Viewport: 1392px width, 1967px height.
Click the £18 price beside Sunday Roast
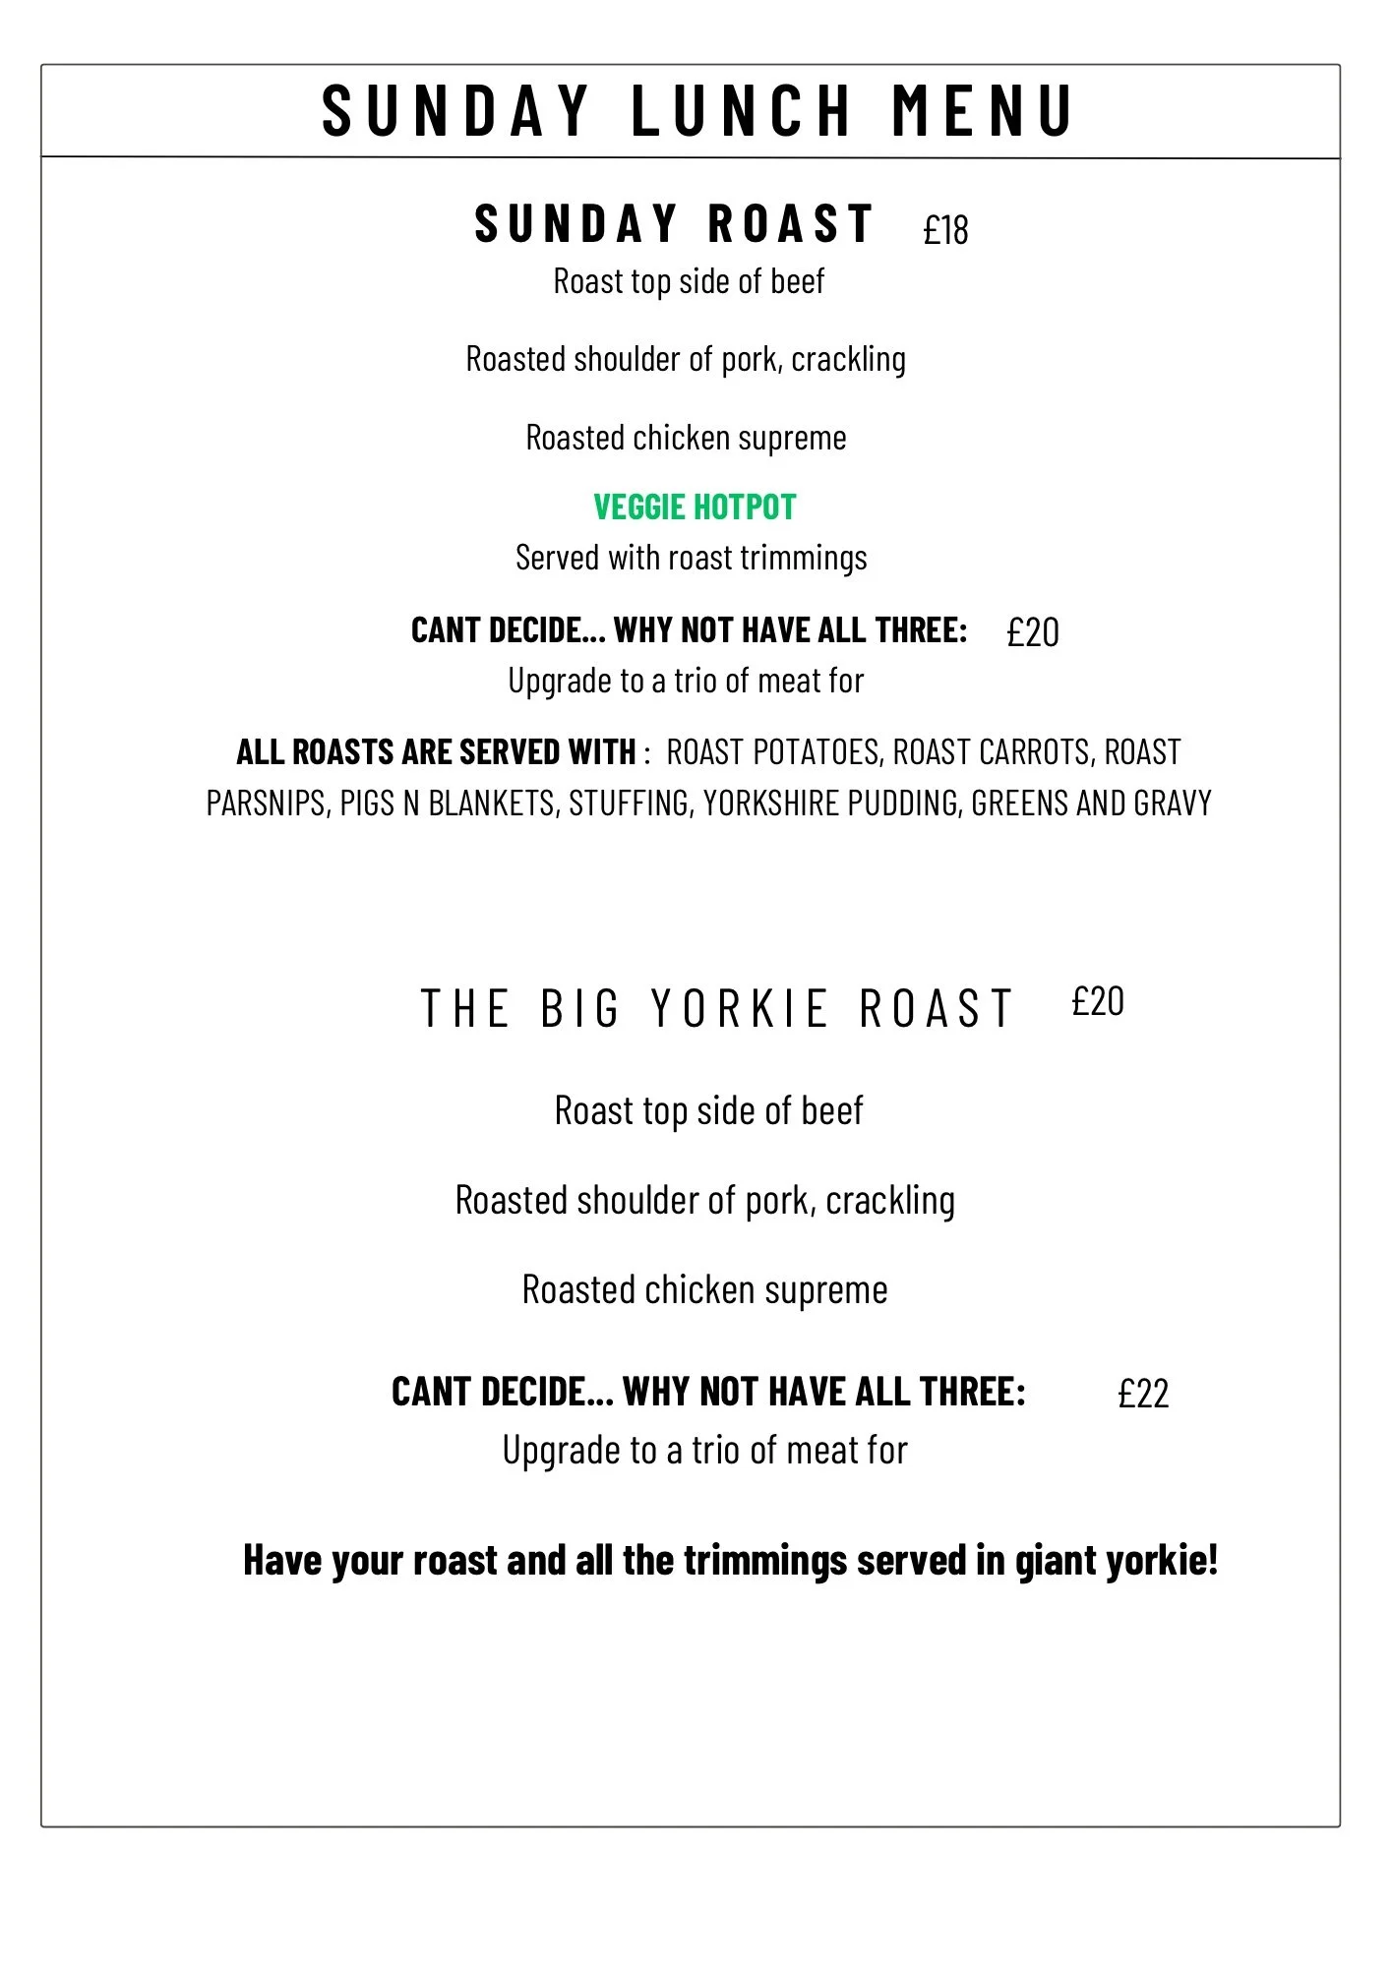945,230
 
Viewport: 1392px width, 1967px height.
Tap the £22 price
1143,1394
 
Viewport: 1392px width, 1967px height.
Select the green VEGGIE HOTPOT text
695,507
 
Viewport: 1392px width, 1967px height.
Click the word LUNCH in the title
741,110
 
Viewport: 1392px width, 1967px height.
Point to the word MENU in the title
982,110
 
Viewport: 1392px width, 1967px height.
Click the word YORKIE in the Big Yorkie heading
740,1009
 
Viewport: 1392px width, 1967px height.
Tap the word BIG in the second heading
580,1009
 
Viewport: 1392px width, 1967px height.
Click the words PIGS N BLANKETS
448,804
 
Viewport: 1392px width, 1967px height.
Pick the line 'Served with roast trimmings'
692,559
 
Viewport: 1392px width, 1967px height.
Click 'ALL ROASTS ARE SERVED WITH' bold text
436,752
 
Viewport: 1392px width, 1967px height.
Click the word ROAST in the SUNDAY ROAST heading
791,223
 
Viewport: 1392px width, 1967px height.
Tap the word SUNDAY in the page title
455,110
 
